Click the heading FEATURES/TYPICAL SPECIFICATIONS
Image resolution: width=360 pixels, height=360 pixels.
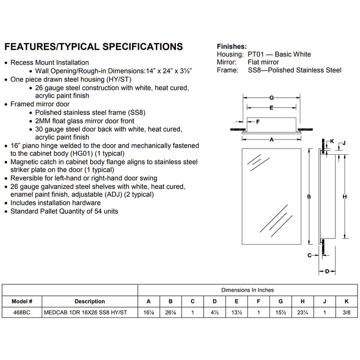click(x=93, y=47)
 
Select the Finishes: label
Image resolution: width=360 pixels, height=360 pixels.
click(x=231, y=46)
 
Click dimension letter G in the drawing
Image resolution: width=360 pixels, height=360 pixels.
click(x=271, y=97)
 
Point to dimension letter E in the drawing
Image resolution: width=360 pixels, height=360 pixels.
click(x=271, y=107)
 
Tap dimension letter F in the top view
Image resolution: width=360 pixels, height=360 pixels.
click(x=258, y=122)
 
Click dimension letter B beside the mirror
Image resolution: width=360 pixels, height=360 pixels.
click(x=309, y=196)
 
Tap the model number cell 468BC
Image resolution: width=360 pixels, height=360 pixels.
click(x=21, y=312)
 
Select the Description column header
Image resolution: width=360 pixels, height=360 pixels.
click(x=89, y=301)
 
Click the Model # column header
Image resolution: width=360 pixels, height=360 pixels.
click(x=21, y=301)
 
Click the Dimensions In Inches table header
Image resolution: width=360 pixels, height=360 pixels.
click(x=247, y=290)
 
